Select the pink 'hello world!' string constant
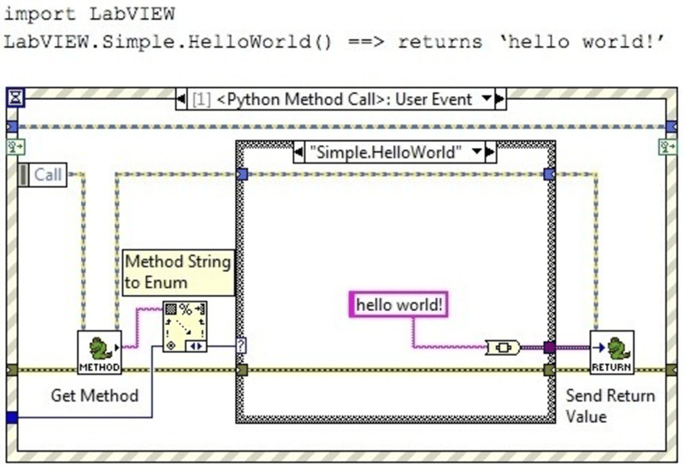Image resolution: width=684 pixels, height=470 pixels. click(400, 303)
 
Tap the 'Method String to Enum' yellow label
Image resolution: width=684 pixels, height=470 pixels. click(179, 272)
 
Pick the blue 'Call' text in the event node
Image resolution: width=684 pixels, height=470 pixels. click(48, 174)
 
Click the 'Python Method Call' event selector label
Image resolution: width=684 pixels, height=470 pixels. click(333, 99)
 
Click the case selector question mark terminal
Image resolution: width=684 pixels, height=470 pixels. click(241, 346)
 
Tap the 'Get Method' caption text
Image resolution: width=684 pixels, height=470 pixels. click(95, 395)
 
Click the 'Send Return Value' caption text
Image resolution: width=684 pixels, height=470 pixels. click(610, 406)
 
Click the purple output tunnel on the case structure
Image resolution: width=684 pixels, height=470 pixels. click(549, 347)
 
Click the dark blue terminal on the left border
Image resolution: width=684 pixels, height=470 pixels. click(11, 417)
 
